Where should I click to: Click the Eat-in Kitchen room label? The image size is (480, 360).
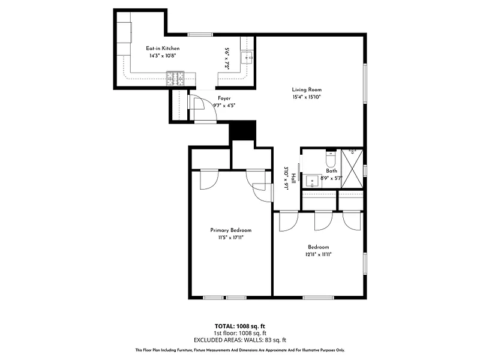click(163, 49)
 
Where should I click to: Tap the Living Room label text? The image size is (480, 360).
click(307, 89)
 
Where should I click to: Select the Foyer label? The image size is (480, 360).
click(224, 98)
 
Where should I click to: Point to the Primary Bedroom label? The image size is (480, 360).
click(231, 230)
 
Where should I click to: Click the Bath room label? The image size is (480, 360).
click(332, 171)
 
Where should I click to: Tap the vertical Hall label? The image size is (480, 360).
click(293, 178)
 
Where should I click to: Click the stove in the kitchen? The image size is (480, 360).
click(175, 79)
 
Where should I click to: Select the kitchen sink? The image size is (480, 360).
click(247, 58)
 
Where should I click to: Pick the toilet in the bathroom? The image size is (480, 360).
click(331, 158)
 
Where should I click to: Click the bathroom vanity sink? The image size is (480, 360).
click(312, 181)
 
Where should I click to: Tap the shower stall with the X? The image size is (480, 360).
click(352, 169)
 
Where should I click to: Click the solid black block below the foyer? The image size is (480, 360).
click(242, 130)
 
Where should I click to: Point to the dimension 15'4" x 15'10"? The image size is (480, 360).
click(307, 97)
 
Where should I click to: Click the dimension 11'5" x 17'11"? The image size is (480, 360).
click(231, 238)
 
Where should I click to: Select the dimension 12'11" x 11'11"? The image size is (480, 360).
click(319, 254)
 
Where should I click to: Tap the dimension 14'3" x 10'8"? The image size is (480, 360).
click(163, 56)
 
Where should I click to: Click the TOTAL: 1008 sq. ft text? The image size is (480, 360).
click(239, 326)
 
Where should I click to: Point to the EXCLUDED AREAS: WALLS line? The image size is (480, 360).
click(239, 340)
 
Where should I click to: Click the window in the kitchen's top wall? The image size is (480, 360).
click(200, 35)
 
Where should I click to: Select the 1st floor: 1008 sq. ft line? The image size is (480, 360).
click(239, 333)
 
